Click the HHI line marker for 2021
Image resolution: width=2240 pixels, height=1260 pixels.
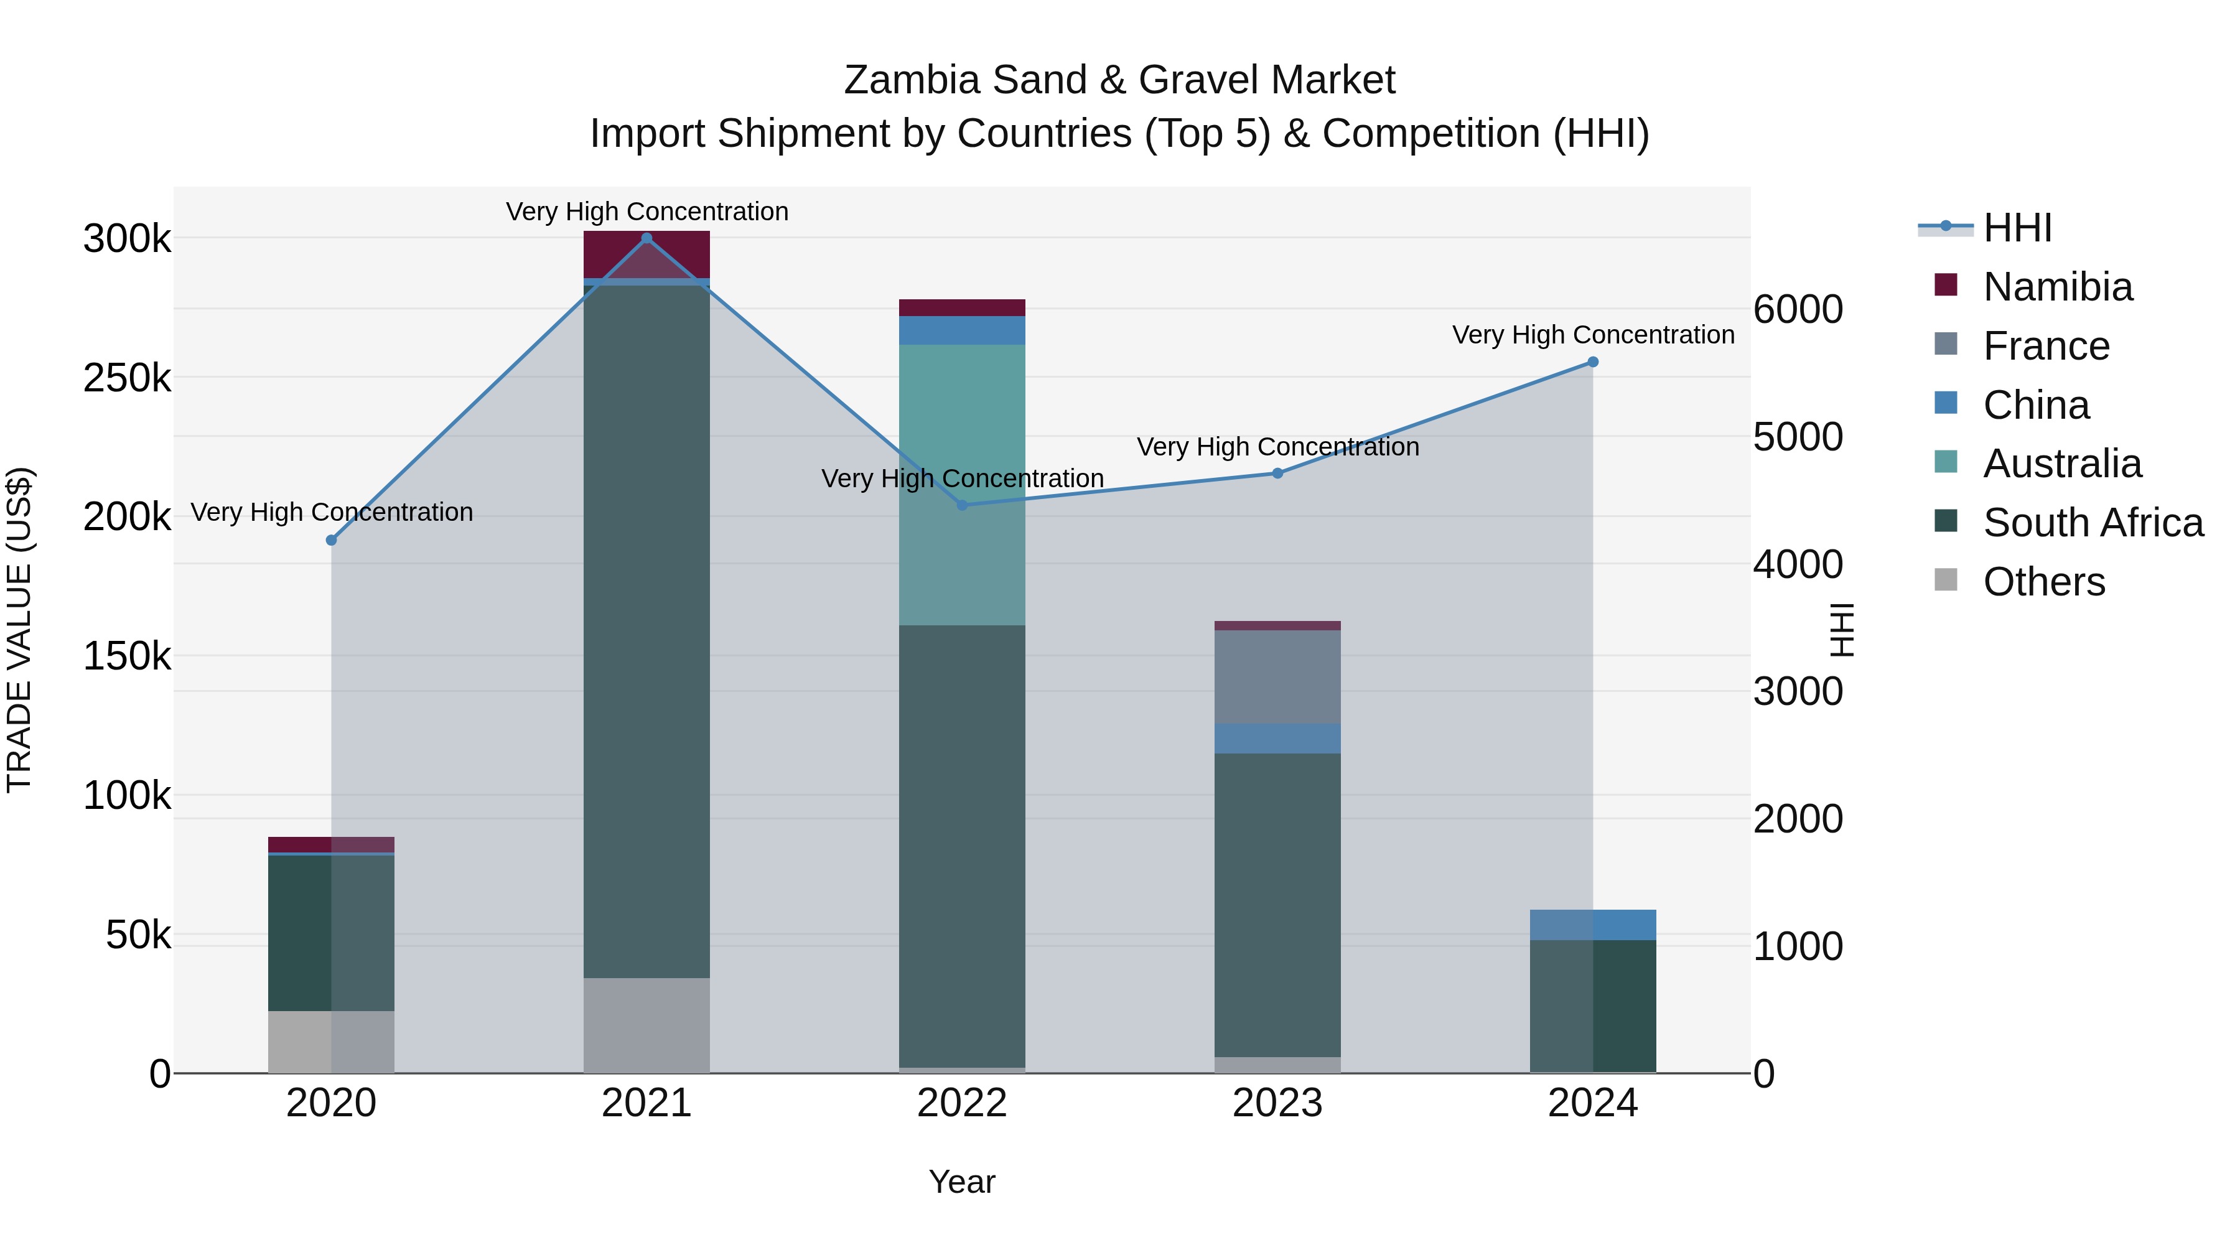(x=646, y=238)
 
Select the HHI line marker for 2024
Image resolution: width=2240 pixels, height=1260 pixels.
(x=1592, y=362)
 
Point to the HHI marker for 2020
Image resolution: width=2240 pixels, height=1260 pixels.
(x=331, y=540)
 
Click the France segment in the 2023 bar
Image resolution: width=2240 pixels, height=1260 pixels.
(x=1277, y=676)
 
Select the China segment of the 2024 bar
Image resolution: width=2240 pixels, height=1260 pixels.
(x=1592, y=925)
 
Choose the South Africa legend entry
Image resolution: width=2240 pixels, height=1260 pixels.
(x=2092, y=523)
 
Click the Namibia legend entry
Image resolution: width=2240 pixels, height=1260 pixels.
(x=2058, y=287)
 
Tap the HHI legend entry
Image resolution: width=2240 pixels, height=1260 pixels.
(x=2017, y=228)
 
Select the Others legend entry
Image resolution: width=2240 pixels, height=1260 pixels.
(x=2043, y=582)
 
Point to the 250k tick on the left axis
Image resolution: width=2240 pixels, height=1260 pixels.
(x=127, y=378)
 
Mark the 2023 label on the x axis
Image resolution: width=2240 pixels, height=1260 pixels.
(x=1277, y=1103)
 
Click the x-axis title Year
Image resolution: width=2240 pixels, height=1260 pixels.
(x=962, y=1182)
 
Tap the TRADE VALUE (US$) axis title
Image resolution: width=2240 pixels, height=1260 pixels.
(x=19, y=630)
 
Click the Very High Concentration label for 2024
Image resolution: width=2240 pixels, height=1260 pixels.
(x=1592, y=335)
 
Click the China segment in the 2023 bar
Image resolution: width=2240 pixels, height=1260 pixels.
(x=1277, y=738)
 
